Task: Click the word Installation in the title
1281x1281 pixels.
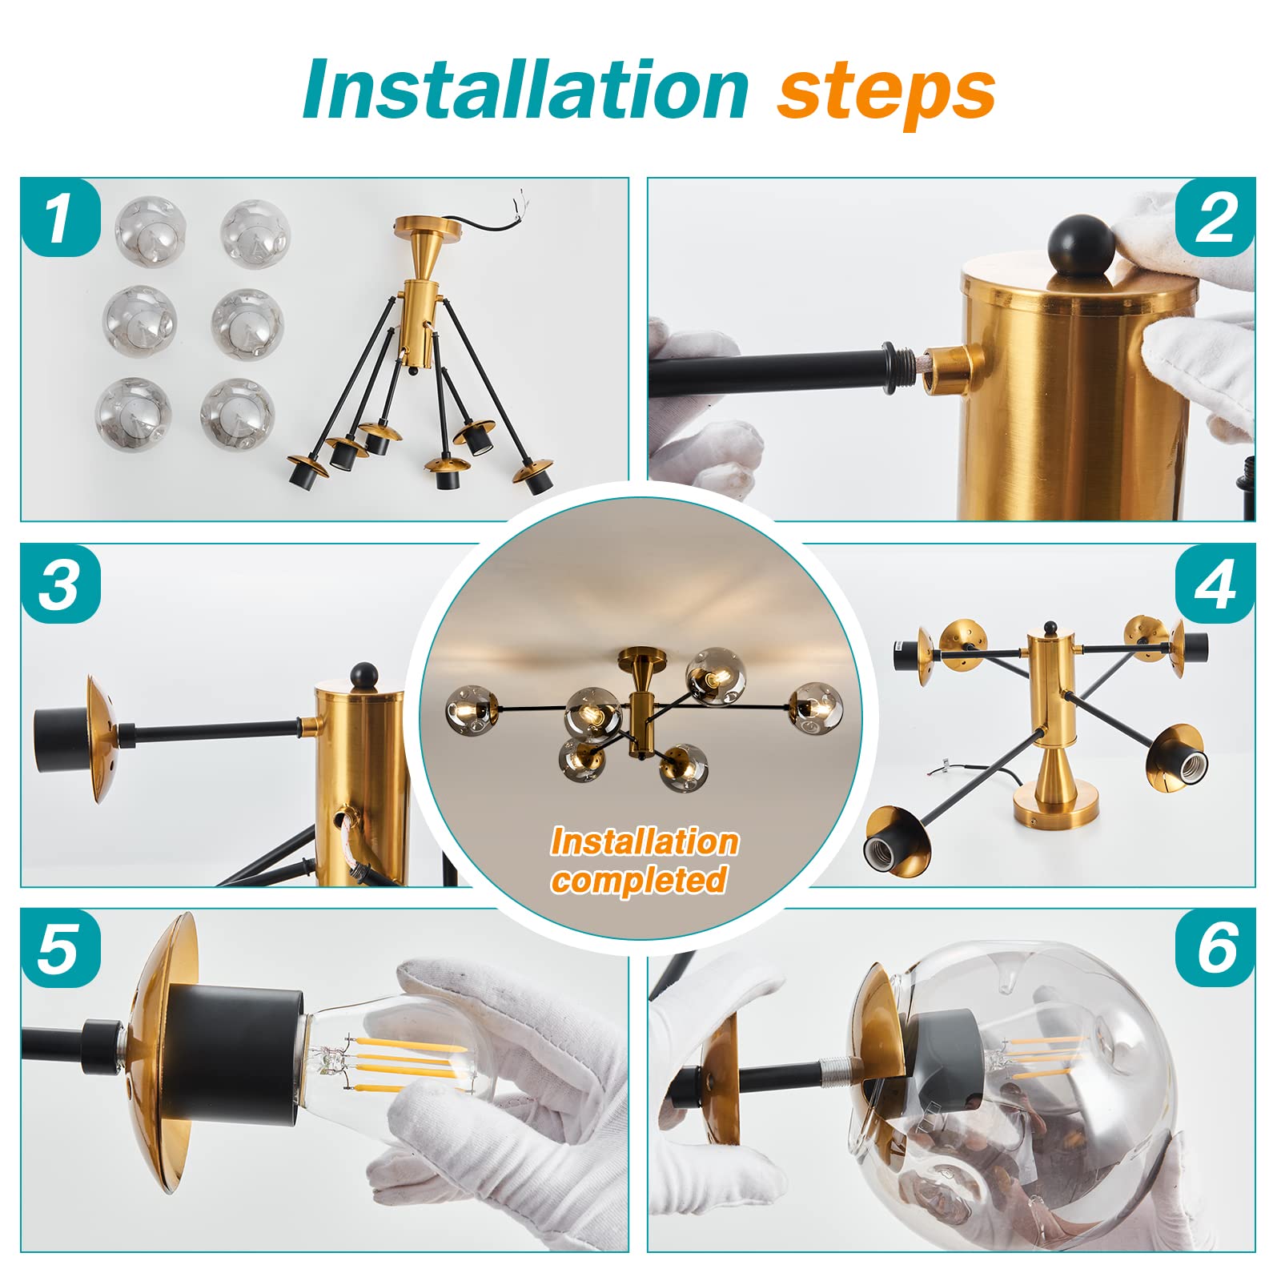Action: click(526, 90)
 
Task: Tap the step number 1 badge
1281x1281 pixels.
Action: click(60, 218)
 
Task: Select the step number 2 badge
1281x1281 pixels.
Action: click(1215, 218)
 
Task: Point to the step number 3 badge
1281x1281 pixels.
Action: click(60, 584)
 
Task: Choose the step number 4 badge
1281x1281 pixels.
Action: click(1215, 584)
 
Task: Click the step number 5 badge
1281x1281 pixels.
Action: click(60, 949)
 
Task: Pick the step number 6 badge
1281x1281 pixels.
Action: click(1215, 949)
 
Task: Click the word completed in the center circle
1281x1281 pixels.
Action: click(639, 880)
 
